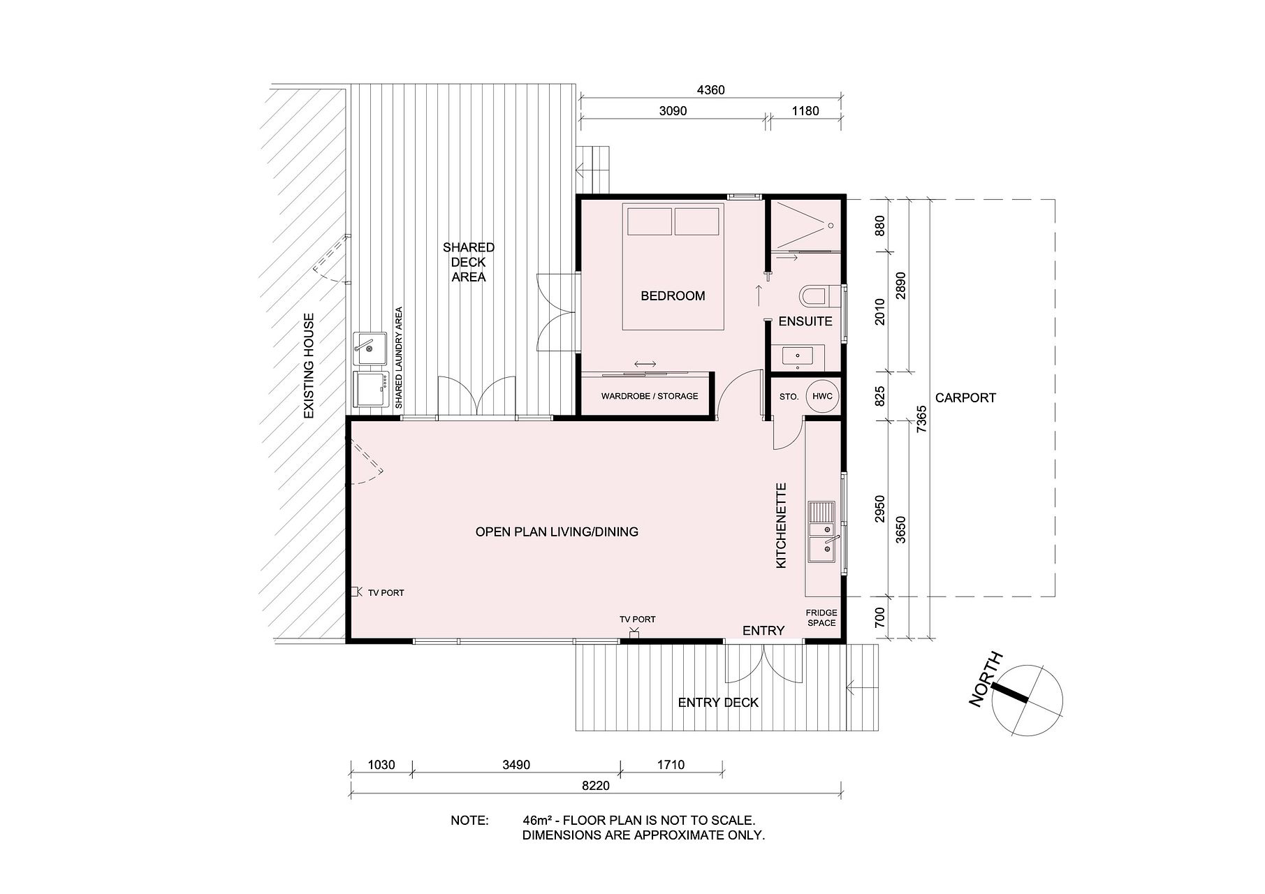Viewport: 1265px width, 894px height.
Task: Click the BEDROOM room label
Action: point(673,296)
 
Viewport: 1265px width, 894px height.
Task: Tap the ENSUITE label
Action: point(805,321)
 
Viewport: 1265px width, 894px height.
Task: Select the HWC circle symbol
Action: point(822,397)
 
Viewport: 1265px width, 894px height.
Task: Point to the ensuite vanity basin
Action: point(798,357)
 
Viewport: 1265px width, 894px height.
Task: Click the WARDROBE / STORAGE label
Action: point(650,396)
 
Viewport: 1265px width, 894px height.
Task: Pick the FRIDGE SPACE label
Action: point(821,617)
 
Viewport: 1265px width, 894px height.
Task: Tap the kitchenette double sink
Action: point(822,532)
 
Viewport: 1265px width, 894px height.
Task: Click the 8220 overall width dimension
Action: point(595,786)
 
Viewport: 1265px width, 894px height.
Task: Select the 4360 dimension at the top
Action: point(711,90)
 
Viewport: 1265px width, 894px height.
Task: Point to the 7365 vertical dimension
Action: point(922,419)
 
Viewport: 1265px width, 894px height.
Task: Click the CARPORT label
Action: point(965,397)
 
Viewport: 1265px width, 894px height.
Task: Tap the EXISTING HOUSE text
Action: point(309,366)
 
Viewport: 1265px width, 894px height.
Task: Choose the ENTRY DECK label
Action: point(718,703)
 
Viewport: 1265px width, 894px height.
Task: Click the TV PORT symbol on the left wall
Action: point(355,592)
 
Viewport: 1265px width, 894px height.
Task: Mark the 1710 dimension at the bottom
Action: point(671,764)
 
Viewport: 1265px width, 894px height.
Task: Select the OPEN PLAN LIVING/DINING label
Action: point(557,532)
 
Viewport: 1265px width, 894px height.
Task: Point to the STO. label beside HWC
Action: point(789,397)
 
